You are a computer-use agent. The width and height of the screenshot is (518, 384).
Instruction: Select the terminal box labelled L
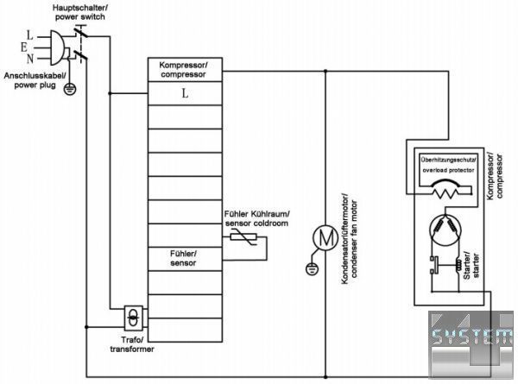[x=184, y=93]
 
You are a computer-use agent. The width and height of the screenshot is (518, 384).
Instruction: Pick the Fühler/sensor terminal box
[x=183, y=258]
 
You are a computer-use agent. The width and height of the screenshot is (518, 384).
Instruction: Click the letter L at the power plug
[x=31, y=34]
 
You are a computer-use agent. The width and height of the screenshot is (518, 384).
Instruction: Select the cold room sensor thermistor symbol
[x=241, y=241]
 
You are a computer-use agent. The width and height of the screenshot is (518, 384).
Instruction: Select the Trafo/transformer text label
[x=130, y=345]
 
